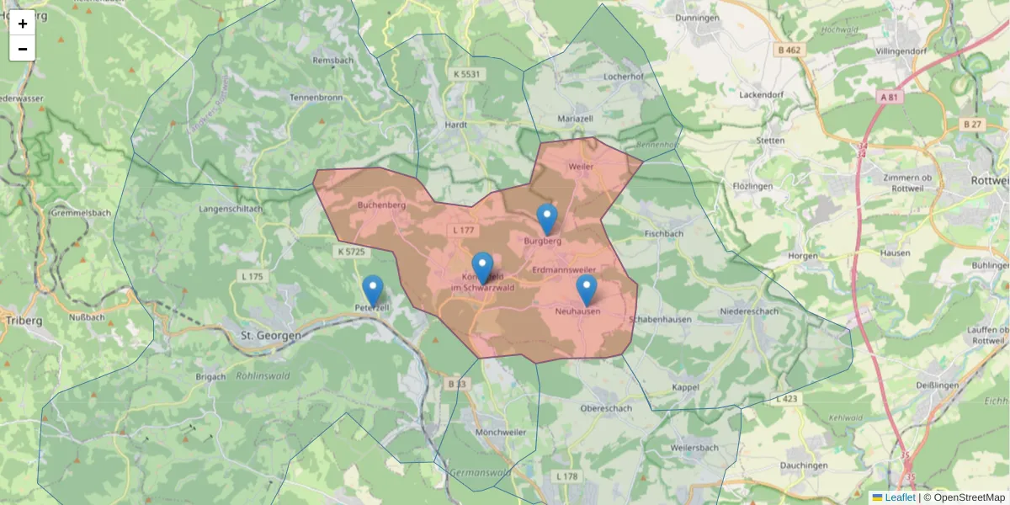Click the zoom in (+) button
(x=23, y=24)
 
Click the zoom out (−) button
(x=23, y=49)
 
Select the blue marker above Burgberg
(x=547, y=219)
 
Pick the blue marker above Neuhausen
(x=587, y=290)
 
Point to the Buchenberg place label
(x=382, y=205)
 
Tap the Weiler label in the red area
(x=581, y=167)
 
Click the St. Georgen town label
(x=271, y=335)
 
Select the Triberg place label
(x=24, y=321)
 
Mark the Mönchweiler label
(x=501, y=432)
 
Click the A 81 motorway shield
(x=889, y=98)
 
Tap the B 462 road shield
(x=789, y=50)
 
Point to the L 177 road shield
(x=464, y=230)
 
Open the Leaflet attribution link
(x=899, y=497)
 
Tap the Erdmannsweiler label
(x=565, y=269)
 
